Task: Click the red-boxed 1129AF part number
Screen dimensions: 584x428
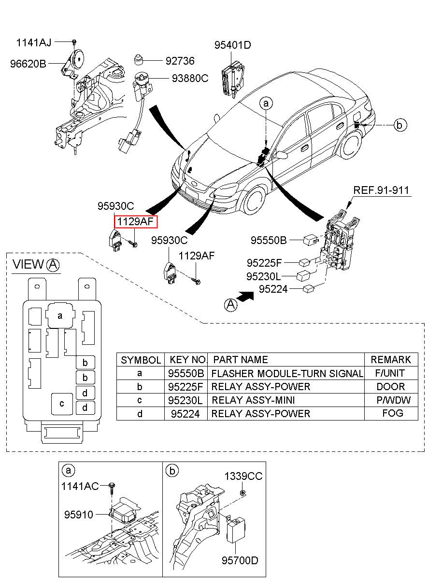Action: (136, 221)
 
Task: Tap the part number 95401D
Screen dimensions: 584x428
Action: (233, 45)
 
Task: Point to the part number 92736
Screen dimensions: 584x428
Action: (180, 61)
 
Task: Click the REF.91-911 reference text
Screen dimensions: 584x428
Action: (382, 190)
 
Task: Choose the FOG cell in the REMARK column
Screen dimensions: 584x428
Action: (392, 413)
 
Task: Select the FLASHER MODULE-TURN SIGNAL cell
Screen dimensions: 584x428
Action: (287, 373)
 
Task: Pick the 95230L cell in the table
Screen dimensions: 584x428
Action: (187, 400)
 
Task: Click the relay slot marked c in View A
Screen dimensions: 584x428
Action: (62, 404)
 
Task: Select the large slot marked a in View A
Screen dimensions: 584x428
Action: (60, 316)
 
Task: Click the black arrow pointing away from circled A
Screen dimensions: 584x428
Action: (246, 297)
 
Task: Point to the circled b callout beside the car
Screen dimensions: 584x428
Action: (399, 125)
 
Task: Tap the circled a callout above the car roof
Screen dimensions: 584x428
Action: (266, 103)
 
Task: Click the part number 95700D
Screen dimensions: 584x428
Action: (240, 560)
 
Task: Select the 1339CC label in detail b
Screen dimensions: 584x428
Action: (243, 476)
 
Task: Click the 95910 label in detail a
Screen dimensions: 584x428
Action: (78, 515)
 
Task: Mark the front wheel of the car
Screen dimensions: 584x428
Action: (255, 198)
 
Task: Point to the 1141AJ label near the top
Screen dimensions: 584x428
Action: (34, 42)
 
